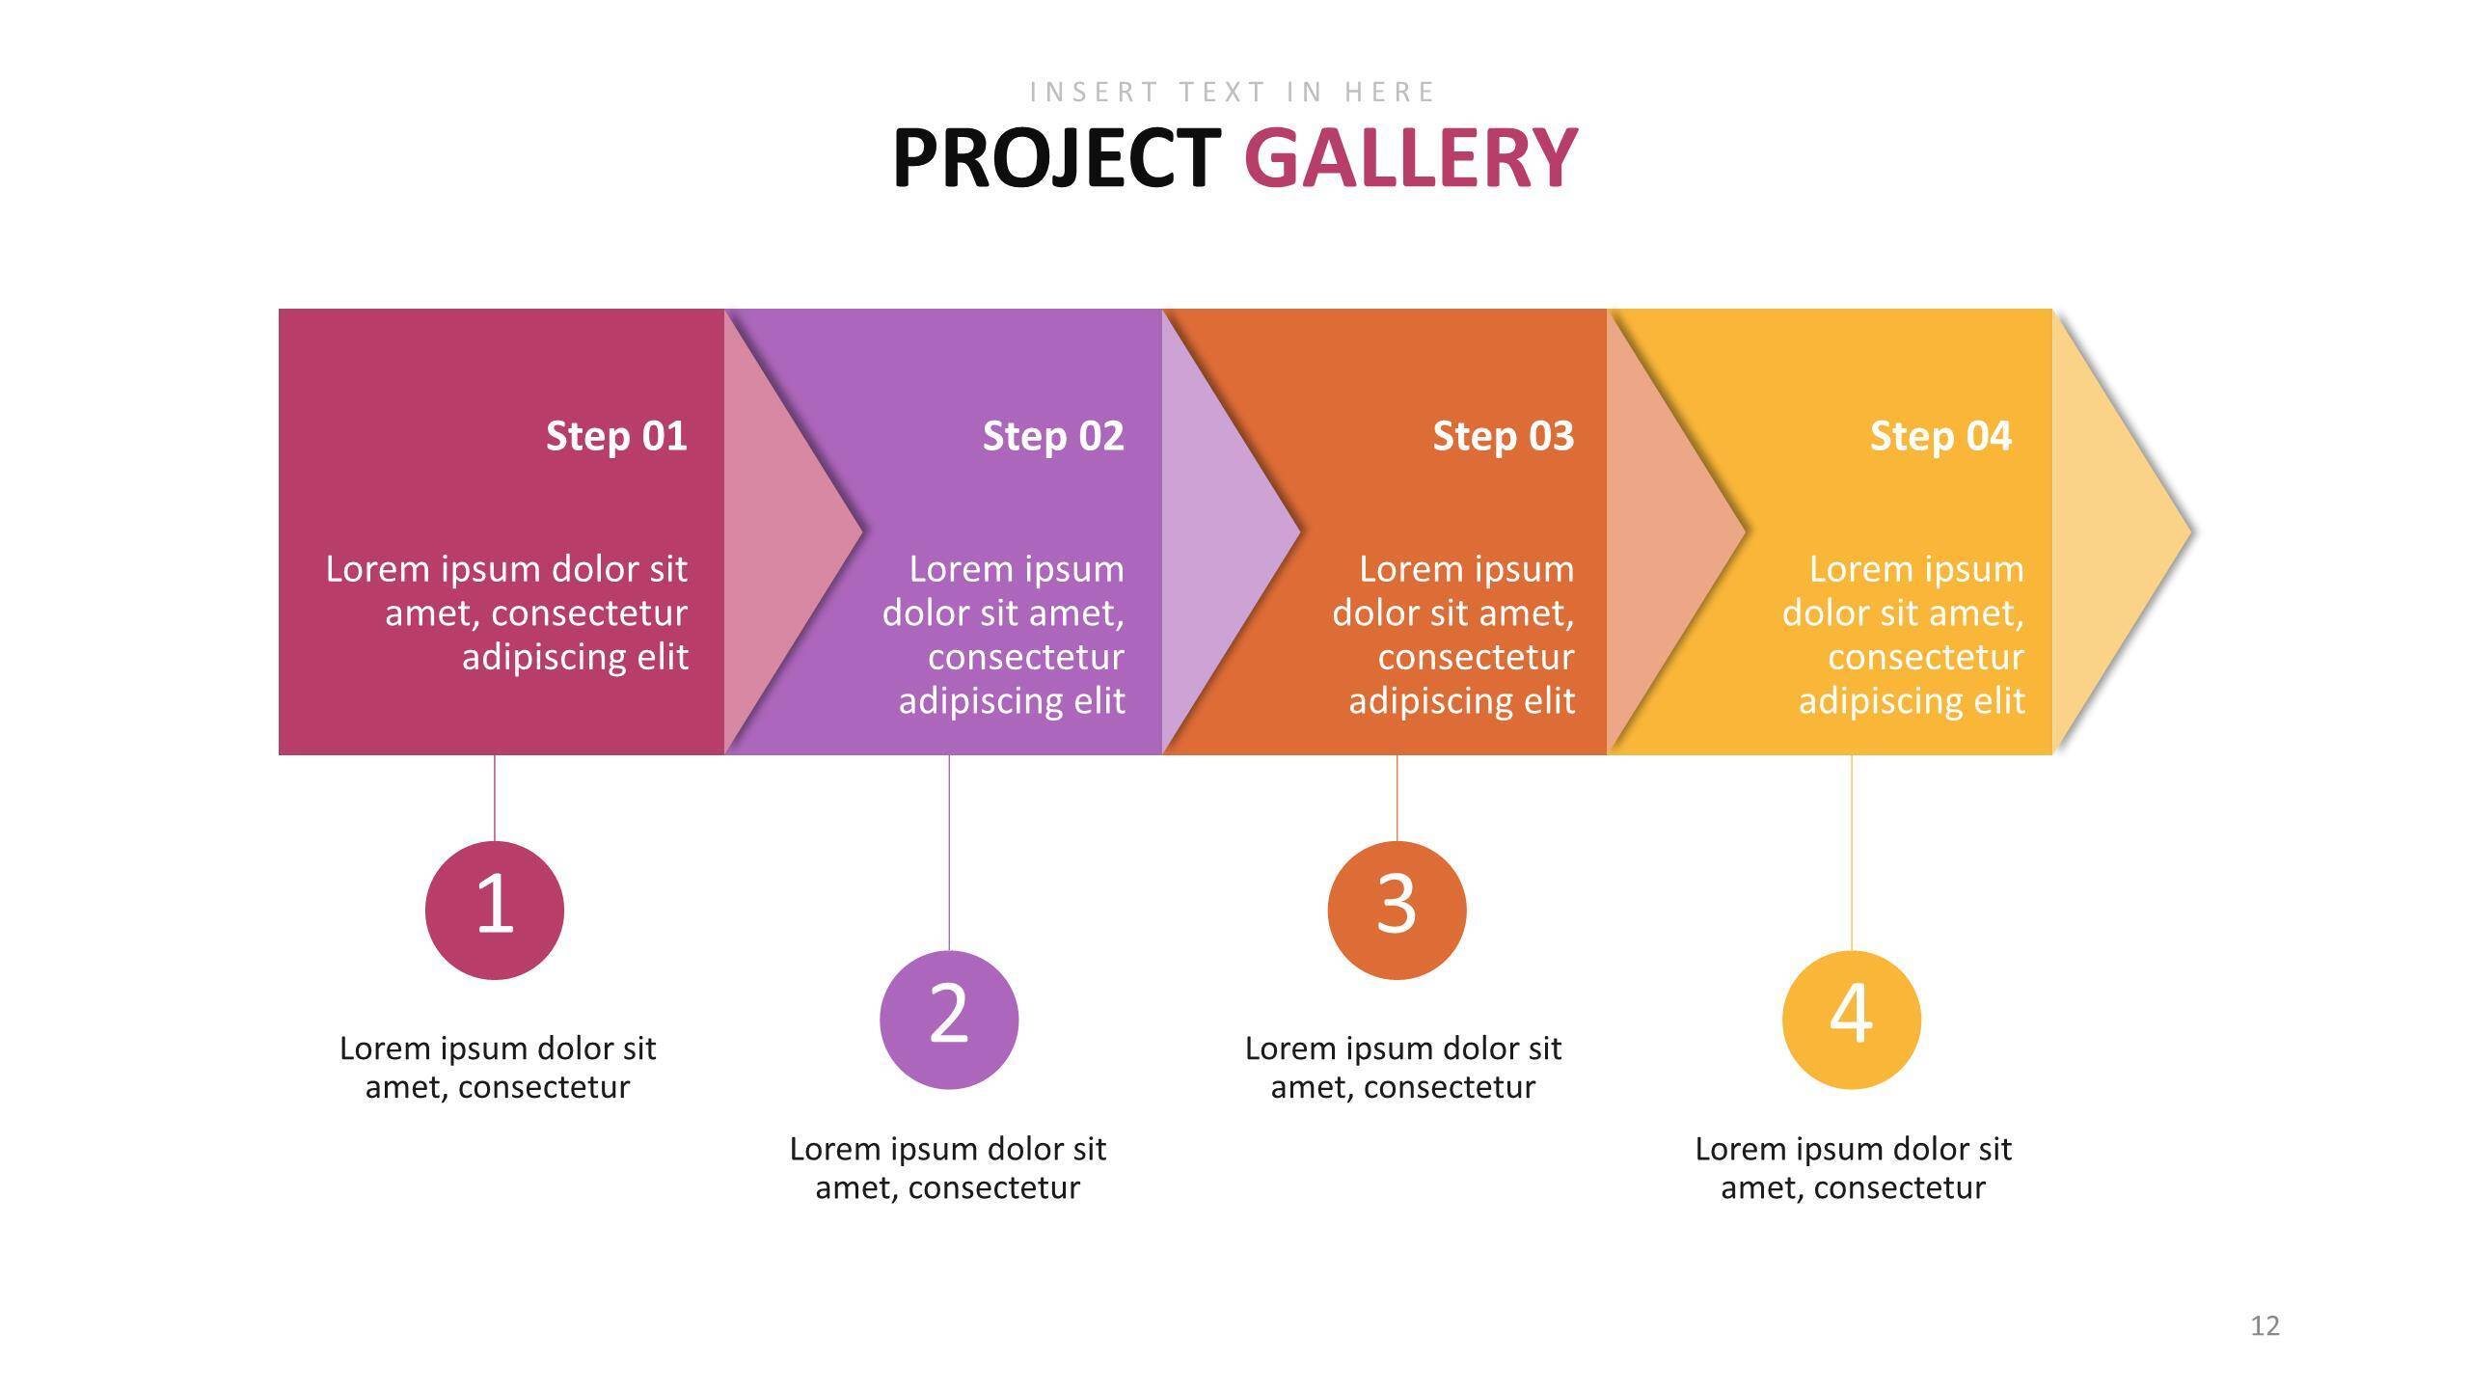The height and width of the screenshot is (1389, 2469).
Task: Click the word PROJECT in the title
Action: click(1057, 158)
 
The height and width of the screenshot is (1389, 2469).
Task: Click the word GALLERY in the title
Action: click(1410, 158)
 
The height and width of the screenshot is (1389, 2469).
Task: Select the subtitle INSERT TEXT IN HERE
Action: click(1234, 92)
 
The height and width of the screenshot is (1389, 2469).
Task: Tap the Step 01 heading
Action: click(616, 436)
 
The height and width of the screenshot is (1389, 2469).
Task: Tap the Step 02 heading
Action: click(1053, 436)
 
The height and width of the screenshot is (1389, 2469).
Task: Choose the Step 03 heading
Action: click(1504, 436)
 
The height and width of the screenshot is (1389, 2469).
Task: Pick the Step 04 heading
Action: click(1940, 436)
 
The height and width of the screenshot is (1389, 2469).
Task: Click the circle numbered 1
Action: click(495, 910)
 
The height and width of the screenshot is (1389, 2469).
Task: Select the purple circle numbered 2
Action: click(949, 1020)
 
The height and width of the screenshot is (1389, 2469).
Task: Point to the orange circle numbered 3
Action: click(1397, 910)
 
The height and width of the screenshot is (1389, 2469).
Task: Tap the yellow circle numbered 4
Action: click(1852, 1020)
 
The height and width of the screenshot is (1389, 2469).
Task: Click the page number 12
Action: click(2266, 1326)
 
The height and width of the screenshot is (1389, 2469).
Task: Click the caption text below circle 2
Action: click(948, 1168)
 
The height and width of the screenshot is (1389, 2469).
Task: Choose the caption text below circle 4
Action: click(1854, 1168)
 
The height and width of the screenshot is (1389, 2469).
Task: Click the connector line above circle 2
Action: click(949, 853)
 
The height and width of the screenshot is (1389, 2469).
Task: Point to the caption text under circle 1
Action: click(498, 1068)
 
